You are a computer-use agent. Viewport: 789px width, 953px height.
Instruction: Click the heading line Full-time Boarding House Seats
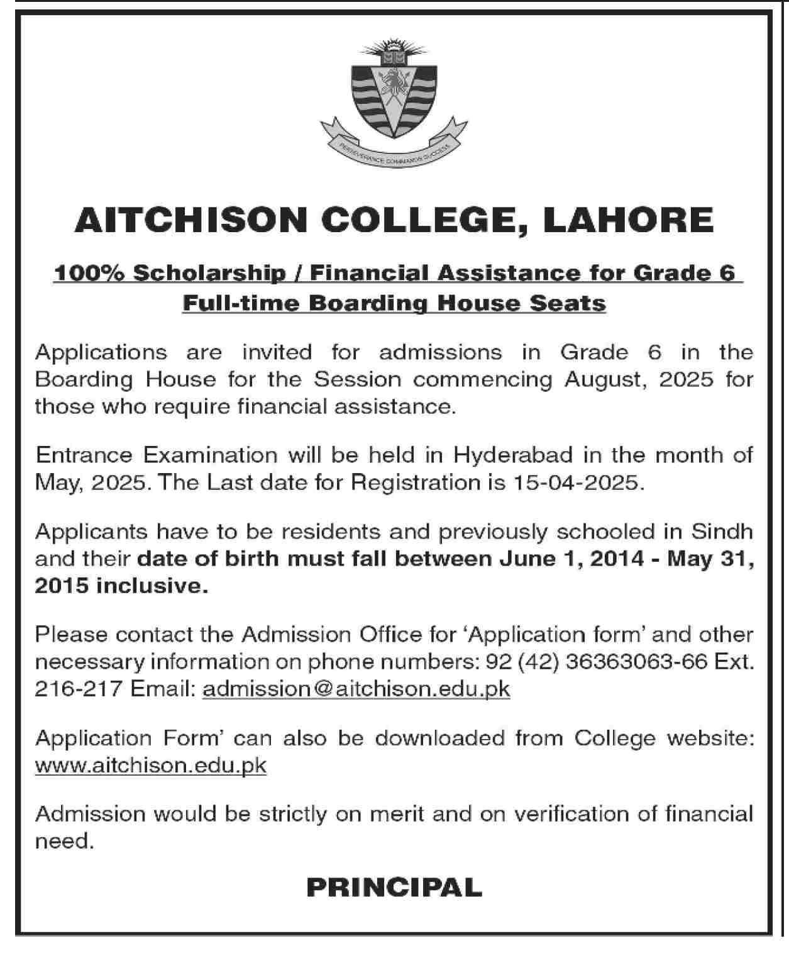pyautogui.click(x=394, y=304)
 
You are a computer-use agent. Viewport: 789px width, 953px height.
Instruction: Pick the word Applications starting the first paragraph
pyautogui.click(x=101, y=352)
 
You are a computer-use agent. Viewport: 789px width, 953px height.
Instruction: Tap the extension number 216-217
pyautogui.click(x=78, y=689)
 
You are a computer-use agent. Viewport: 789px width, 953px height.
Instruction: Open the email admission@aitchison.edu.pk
pyautogui.click(x=356, y=689)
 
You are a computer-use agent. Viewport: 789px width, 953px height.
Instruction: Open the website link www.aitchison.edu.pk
pyautogui.click(x=151, y=766)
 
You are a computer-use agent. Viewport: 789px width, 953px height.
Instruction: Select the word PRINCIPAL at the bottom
pyautogui.click(x=394, y=888)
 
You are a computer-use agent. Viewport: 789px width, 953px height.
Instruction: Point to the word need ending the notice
pyautogui.click(x=63, y=841)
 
